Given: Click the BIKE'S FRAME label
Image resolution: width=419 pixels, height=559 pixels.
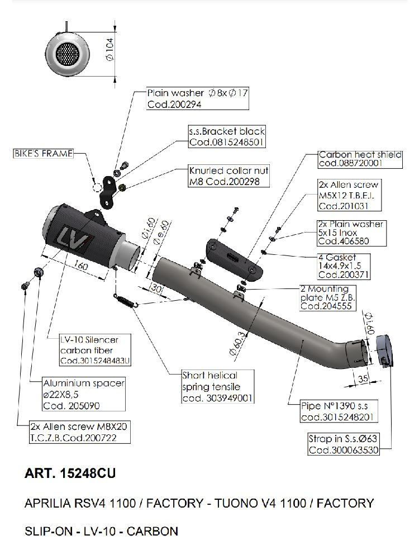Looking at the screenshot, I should pos(43,153).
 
